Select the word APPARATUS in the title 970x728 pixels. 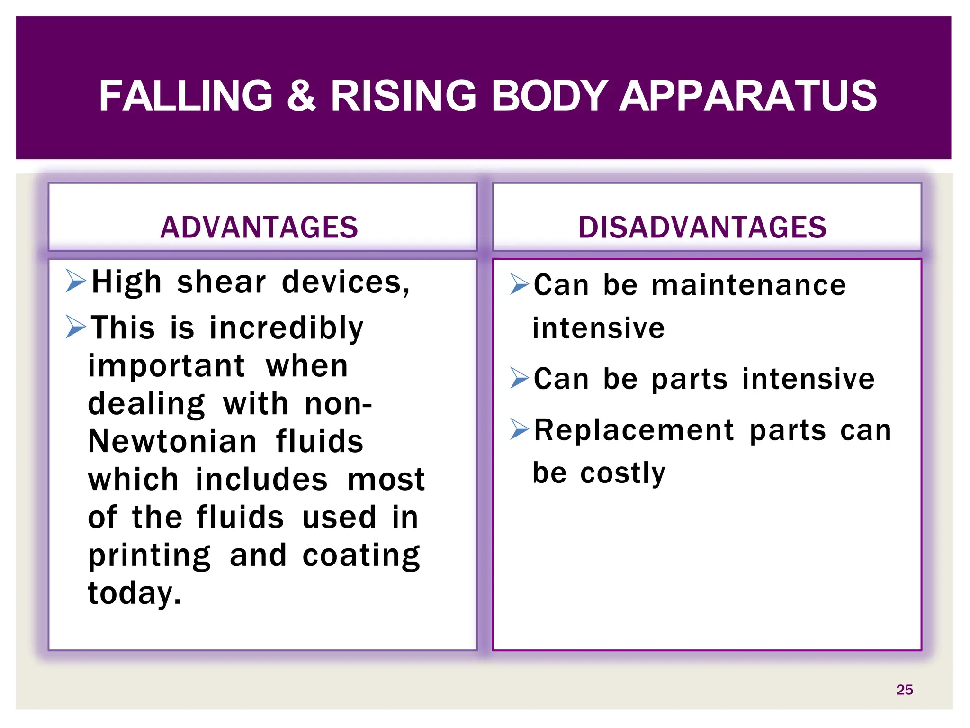pos(748,96)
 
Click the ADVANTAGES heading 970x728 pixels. pos(259,227)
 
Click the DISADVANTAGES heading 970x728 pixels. pos(702,227)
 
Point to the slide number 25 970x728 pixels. pos(904,690)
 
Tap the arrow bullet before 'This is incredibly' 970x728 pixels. pos(76,327)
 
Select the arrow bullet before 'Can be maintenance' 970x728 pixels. pos(519,284)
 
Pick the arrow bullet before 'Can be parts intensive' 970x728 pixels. pos(519,378)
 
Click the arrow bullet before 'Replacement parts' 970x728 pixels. pos(519,429)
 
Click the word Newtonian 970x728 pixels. pos(172,441)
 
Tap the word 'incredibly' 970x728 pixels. pos(286,328)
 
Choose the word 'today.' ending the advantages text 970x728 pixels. pos(135,593)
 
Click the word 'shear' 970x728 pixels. pos(221,282)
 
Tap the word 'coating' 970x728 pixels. pos(361,555)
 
